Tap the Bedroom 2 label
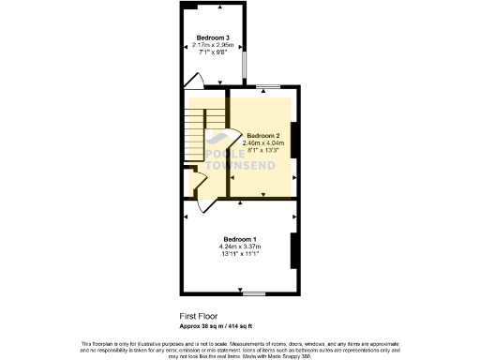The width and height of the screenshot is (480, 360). pos(262,135)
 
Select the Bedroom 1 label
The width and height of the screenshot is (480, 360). pos(239,238)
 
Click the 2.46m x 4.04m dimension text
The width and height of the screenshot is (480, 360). pos(262,142)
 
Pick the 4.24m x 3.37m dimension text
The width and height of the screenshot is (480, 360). pos(239,246)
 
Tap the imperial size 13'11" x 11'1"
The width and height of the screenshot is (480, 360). pos(239,253)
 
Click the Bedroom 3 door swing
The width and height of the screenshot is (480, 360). pos(195,80)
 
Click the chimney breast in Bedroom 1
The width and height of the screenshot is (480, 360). pos(294,250)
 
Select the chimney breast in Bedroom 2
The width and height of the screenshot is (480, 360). pos(294,136)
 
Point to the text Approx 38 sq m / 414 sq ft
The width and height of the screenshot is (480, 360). pos(217,326)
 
